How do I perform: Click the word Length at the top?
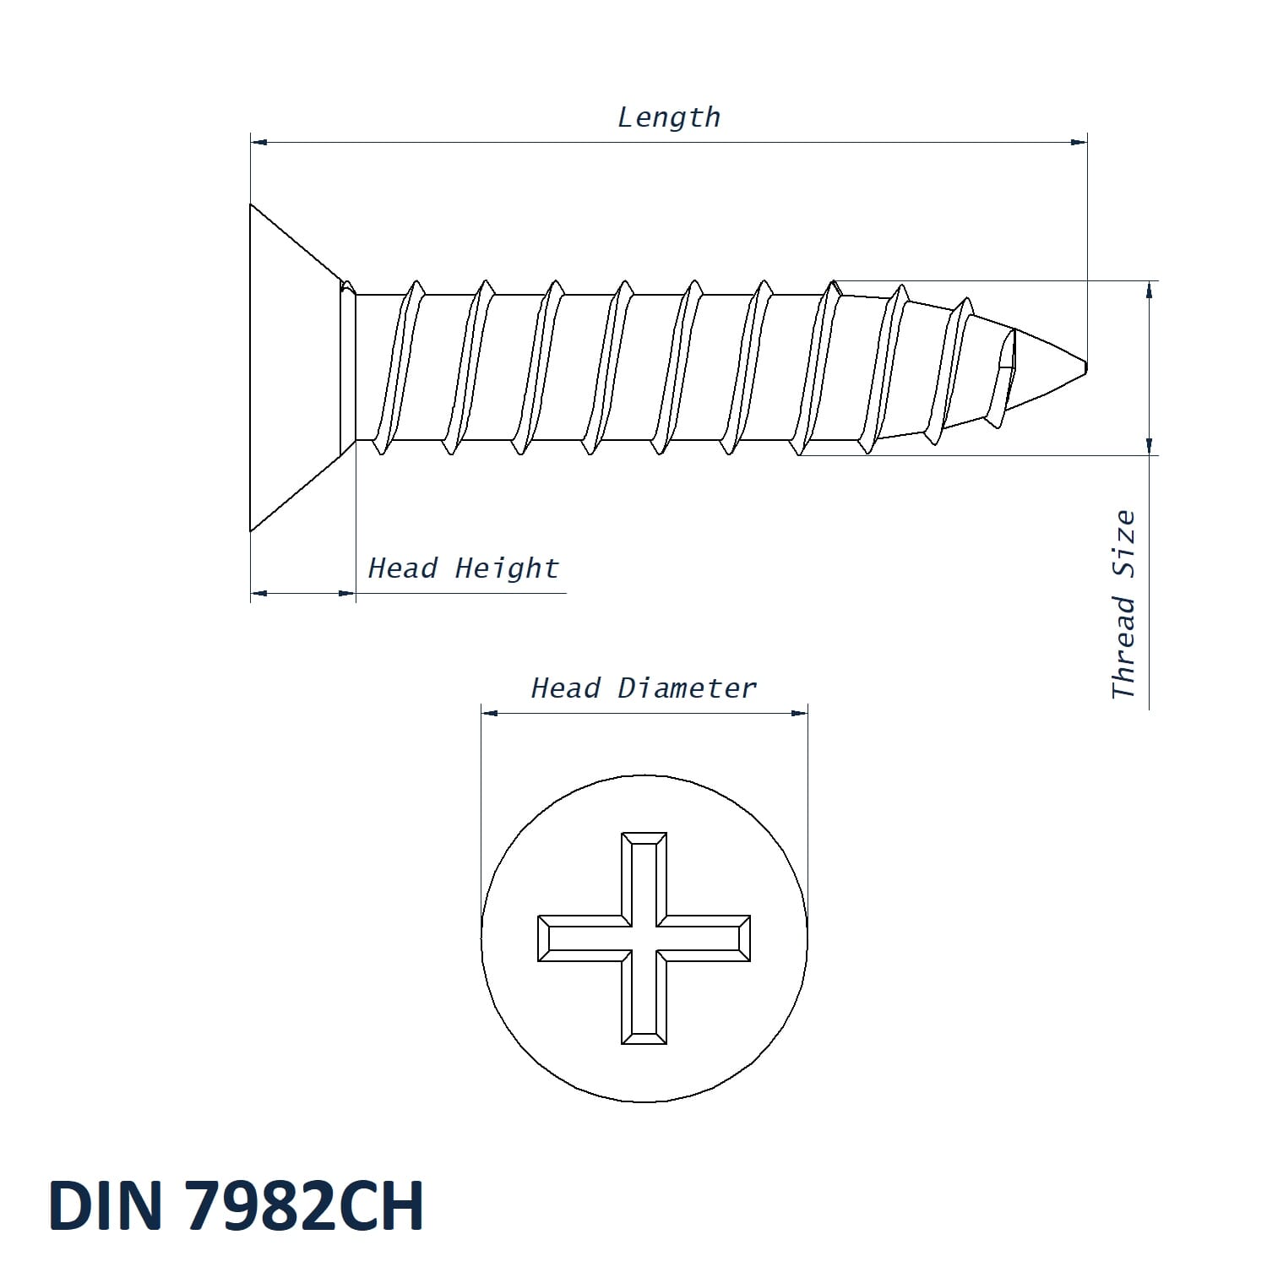669,117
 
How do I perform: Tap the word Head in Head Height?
403,568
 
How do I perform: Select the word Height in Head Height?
507,568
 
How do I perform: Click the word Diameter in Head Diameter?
687,688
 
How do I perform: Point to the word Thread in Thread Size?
1123,647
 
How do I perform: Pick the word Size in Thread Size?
1123,544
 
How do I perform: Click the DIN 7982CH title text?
237,1205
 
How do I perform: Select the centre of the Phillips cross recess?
644,938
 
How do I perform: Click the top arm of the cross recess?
644,874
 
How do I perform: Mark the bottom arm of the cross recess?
644,1003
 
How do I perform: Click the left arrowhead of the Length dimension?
258,142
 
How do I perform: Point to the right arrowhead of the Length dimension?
1079,142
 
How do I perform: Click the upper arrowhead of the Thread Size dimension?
1150,290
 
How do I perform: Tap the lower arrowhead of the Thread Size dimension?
1150,446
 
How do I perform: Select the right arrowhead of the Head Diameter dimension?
799,713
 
